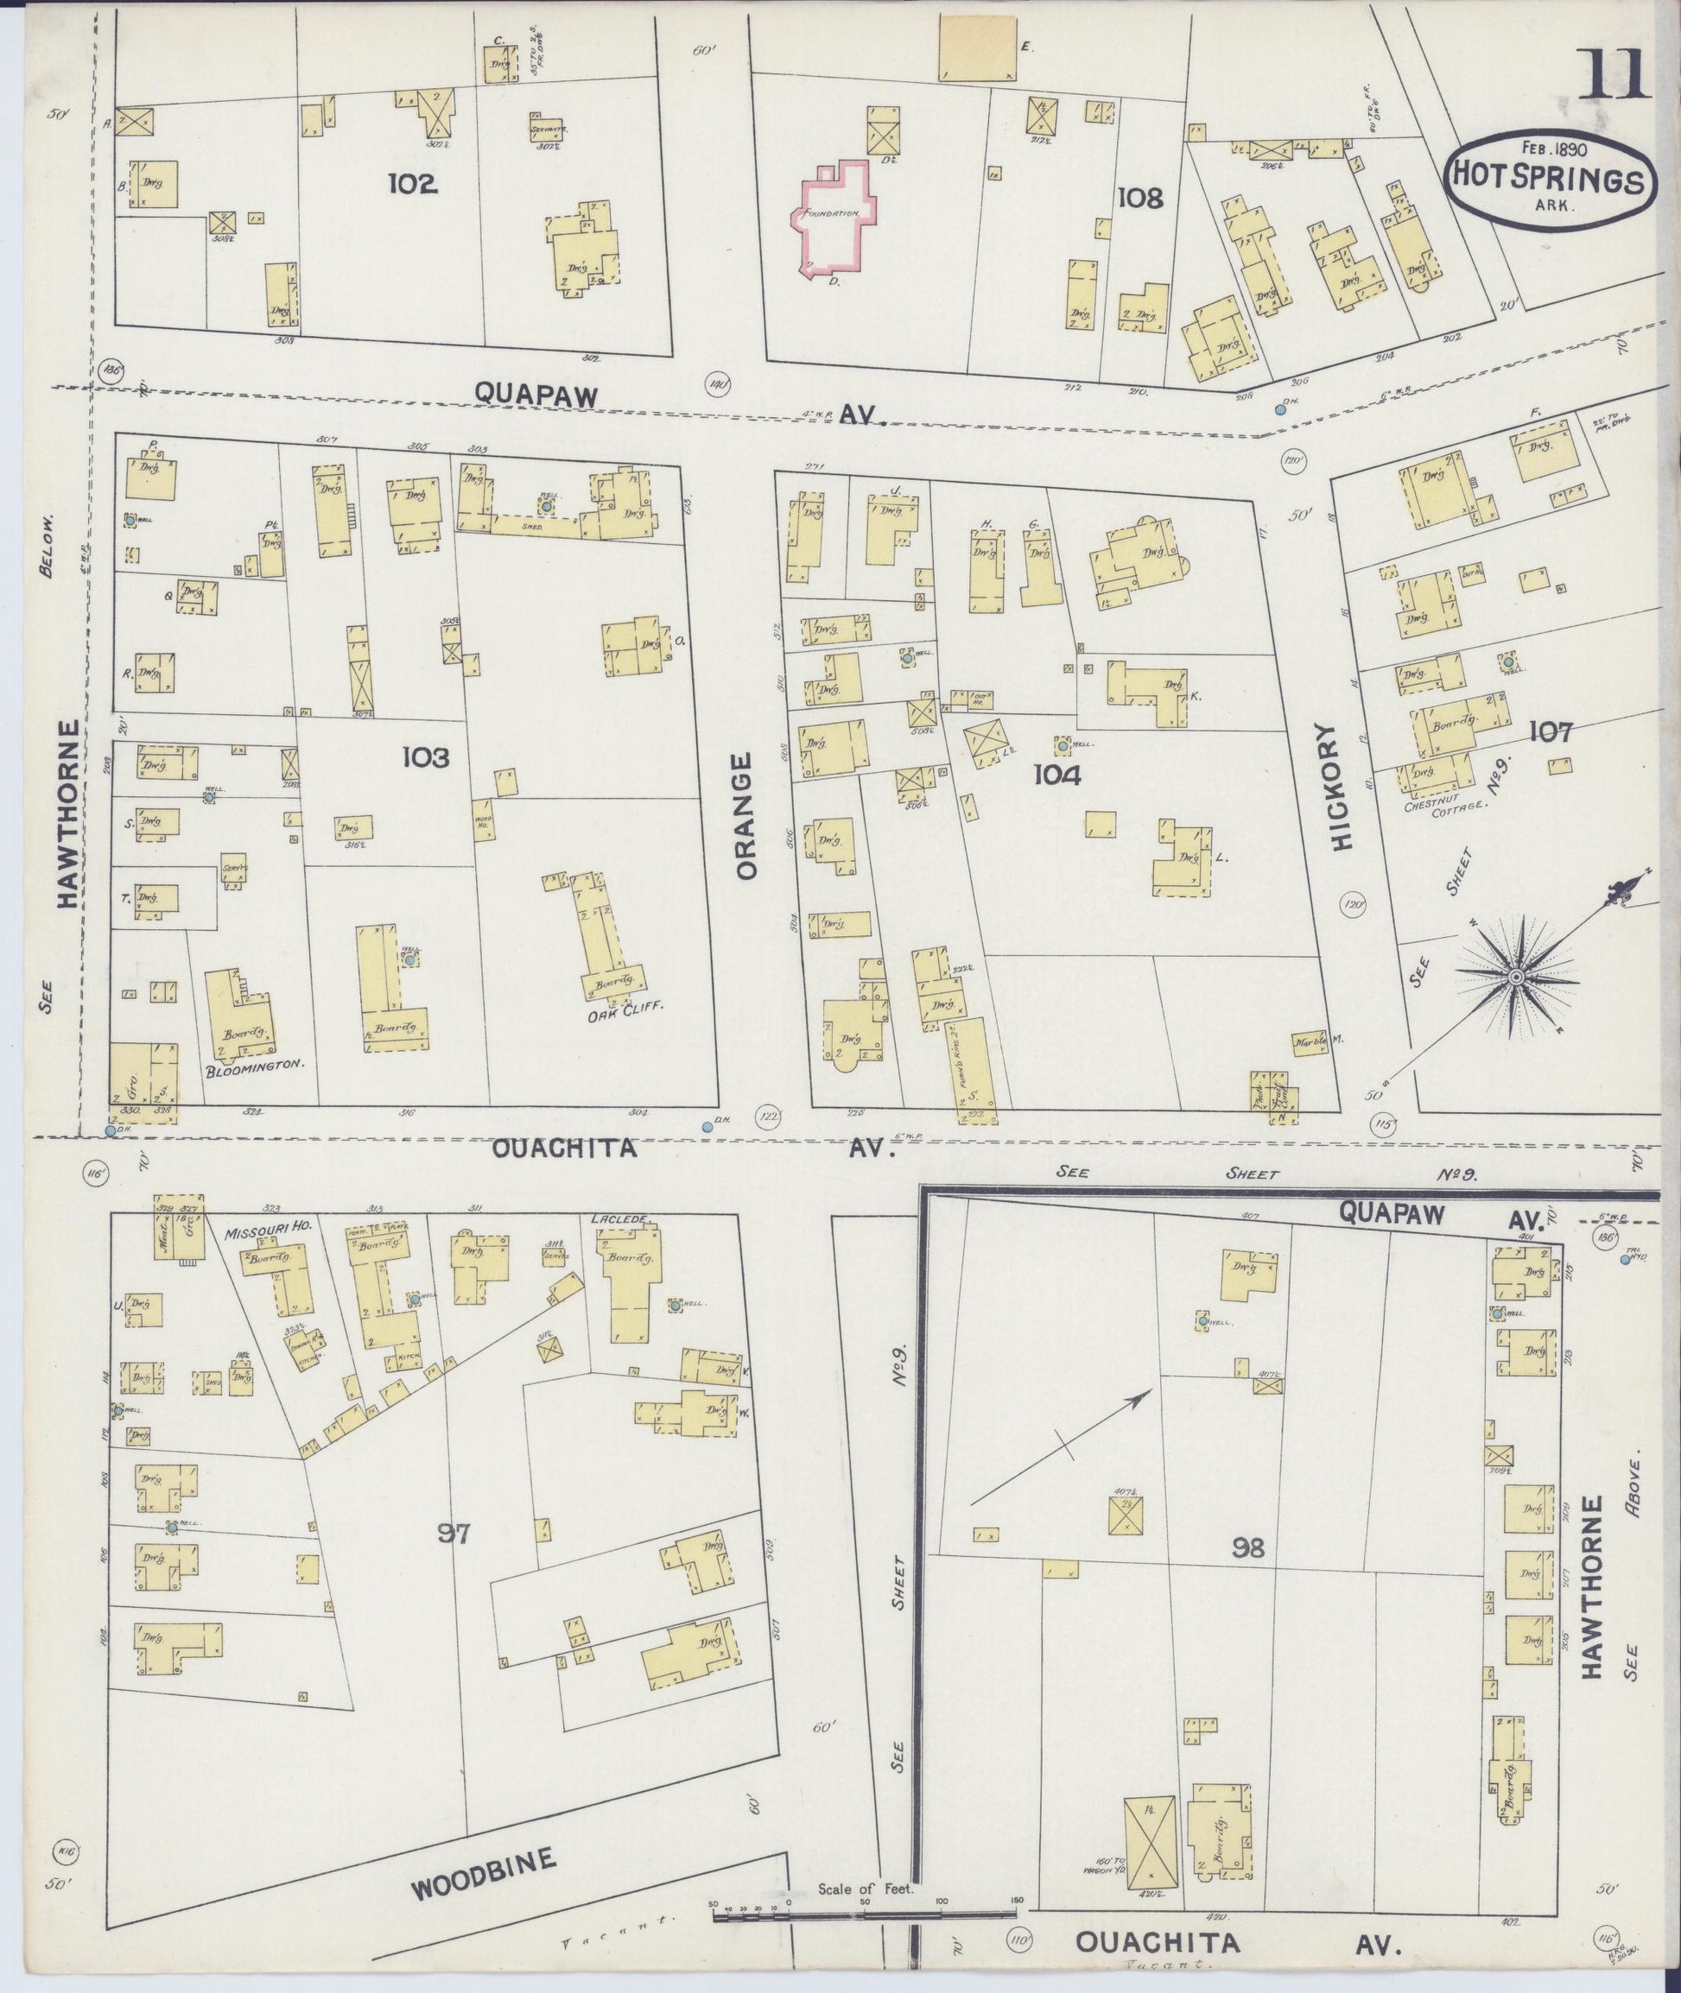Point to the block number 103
425,757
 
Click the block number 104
1058,775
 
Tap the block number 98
1246,1549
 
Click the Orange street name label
745,815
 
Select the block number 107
1550,731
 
